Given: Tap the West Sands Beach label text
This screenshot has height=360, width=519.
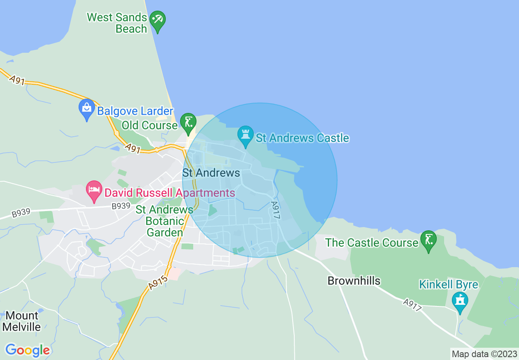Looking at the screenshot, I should pos(117,23).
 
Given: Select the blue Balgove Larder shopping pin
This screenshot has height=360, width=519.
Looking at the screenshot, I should pos(86,109).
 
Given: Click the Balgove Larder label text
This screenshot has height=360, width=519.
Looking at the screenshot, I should pos(135,111).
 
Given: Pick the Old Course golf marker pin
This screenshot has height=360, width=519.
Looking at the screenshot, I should pos(188,123).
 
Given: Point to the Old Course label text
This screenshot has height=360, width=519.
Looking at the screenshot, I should pos(149,125).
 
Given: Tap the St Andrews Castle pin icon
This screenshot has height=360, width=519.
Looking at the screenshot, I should pos(246,136).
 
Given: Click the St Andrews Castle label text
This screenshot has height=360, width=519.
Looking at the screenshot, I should pos(302,138).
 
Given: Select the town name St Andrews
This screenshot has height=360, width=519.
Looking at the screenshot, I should pos(211,173).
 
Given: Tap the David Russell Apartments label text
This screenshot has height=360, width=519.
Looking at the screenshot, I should pos(169,193).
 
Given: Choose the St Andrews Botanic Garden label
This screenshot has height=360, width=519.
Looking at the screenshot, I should pos(165,221).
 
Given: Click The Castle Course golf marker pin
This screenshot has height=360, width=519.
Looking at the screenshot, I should pos(429,241).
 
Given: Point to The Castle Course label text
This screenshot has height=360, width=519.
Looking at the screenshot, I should pos(372,243).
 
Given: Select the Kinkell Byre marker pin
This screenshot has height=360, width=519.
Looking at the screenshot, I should pos(460,302).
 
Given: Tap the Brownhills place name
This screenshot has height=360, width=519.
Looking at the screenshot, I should pos(354,281).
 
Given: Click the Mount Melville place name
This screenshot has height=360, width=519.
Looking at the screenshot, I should pos(22,322).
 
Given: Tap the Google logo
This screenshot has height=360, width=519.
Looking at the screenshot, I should pos(27,350).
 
